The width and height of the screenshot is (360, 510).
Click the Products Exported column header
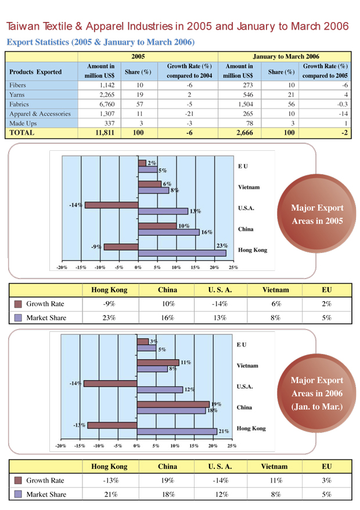coord(36,72)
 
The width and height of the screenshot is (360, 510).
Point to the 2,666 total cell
coord(243,133)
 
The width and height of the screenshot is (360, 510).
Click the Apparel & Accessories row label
coord(40,114)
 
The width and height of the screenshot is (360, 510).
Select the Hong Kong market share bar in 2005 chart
coord(182,253)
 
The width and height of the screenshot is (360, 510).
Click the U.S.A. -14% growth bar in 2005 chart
coord(111,205)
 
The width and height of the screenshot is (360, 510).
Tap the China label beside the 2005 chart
coord(246,229)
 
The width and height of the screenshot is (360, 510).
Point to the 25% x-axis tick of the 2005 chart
coord(233,267)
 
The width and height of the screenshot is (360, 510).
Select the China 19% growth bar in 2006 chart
coord(173,404)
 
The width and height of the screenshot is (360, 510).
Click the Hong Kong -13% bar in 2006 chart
coord(112,425)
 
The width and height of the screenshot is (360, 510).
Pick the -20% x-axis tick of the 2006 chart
coord(60,446)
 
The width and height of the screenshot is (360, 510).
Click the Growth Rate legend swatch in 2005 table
coord(17,304)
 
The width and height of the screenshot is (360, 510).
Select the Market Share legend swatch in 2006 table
coord(17,495)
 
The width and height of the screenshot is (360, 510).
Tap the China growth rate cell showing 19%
coord(167,481)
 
